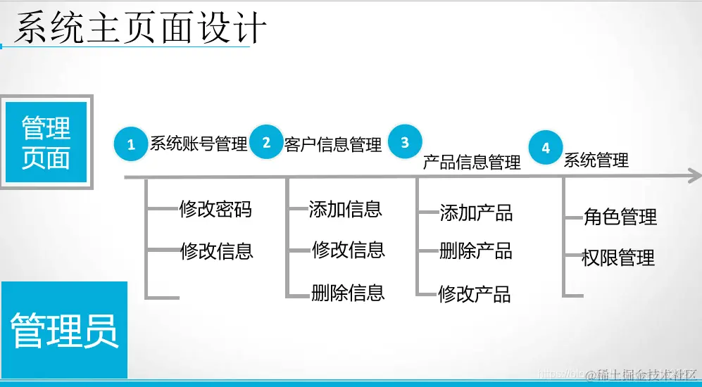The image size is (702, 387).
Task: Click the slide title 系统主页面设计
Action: coord(140,28)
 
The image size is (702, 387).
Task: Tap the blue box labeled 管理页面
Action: coord(46,143)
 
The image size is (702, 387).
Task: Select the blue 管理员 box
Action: coord(64,330)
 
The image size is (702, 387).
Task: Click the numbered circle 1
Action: coord(131,145)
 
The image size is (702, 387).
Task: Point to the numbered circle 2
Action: coord(266,142)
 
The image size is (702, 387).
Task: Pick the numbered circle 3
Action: coord(405,142)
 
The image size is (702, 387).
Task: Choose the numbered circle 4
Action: coord(546,147)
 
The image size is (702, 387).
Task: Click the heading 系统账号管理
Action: coord(199,144)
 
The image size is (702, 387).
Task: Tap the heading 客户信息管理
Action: coord(333,145)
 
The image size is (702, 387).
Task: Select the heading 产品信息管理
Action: coord(472,163)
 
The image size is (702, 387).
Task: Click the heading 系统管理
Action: coord(596,160)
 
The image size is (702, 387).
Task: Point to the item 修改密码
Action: coord(215,209)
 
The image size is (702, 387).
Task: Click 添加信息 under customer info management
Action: coord(345,209)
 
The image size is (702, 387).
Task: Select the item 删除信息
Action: coord(348,292)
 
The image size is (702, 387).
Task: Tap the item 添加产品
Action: coord(476,212)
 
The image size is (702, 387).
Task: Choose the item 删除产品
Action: coord(476,251)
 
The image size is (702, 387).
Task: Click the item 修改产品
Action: coord(475,293)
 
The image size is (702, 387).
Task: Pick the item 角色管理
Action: coord(620,217)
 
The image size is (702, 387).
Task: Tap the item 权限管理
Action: coord(618,258)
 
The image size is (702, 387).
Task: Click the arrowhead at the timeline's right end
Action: coord(694,176)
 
